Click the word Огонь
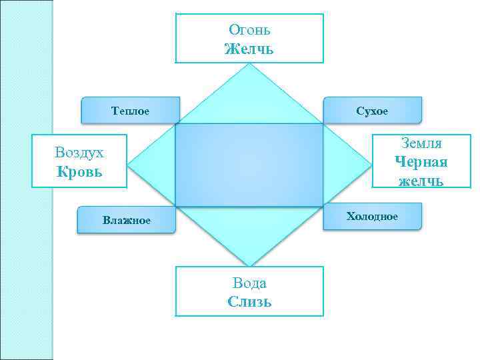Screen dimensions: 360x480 pos(249,29)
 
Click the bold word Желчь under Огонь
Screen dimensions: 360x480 pos(249,49)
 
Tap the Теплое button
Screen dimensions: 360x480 pos(130,110)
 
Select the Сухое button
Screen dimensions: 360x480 pos(372,110)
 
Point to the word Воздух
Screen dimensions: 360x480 pos(79,152)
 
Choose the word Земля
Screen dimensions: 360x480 pos(421,143)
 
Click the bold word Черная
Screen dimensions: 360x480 pos(421,162)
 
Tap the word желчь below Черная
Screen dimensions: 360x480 pos(421,181)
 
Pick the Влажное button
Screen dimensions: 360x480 pos(127,220)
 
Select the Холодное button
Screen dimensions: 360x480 pos(372,217)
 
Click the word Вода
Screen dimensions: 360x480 pos(249,283)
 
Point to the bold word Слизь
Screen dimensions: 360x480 pos(249,301)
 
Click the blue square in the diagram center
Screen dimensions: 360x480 pos(249,165)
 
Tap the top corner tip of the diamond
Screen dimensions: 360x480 pos(249,65)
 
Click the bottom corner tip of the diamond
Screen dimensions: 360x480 pos(249,265)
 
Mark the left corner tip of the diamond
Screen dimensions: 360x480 pos(127,165)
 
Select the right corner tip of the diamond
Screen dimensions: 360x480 pos(371,165)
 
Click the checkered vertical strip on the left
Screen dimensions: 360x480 pos(27,180)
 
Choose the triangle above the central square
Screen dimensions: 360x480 pos(249,100)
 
